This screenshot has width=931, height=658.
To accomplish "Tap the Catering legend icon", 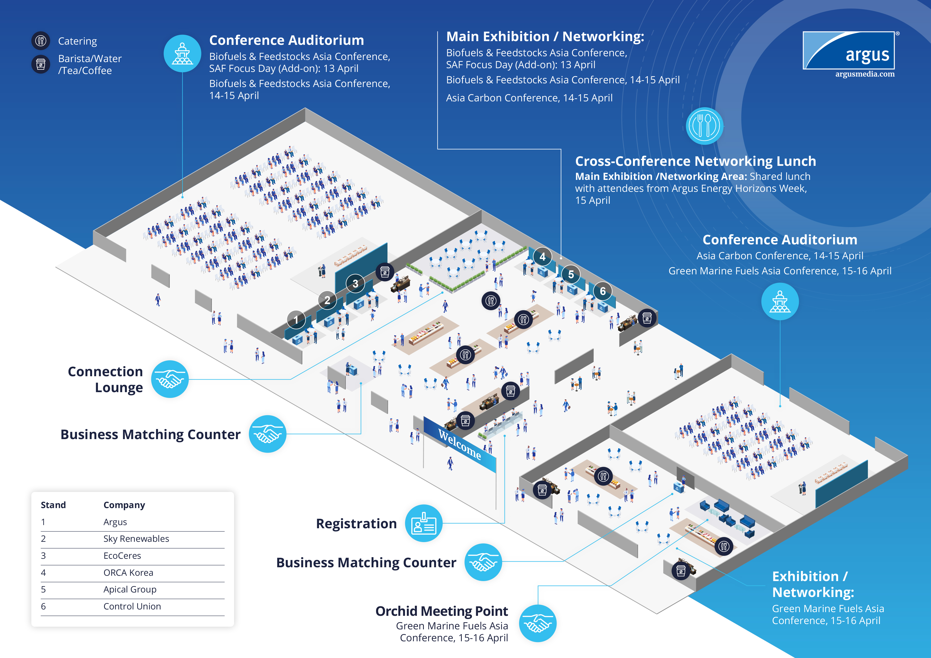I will point(41,41).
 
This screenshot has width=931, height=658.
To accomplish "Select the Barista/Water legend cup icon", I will point(41,64).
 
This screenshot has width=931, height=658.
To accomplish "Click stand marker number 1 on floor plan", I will point(296,319).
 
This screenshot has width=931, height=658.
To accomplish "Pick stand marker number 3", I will point(355,283).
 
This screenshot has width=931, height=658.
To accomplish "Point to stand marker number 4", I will point(542,256).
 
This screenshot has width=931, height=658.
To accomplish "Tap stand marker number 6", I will point(602,291).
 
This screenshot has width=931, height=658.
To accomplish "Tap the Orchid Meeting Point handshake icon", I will point(538,623).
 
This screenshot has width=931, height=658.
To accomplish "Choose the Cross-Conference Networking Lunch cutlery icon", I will point(704,126).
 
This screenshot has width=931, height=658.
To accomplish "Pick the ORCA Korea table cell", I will point(128,573).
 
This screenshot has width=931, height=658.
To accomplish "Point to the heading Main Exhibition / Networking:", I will point(545,37).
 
